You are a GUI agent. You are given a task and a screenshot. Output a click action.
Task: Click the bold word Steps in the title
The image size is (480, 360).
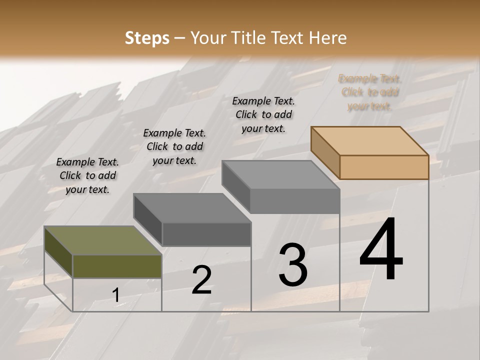coord(146,38)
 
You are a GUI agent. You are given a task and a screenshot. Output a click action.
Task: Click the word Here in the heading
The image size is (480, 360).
coord(327,38)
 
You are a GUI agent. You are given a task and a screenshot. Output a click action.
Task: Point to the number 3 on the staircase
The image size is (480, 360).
coord(293,264)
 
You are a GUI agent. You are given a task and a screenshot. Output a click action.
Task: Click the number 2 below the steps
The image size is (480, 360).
coord(201,280)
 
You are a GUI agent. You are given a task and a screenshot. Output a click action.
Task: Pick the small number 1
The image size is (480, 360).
coord(116,295)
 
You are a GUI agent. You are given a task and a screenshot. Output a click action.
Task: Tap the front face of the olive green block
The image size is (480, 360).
coord(117,266)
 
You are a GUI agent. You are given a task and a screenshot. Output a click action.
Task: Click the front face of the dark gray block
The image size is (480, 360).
coord(206,234)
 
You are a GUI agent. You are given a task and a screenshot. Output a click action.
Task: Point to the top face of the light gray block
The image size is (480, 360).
coord(280,174)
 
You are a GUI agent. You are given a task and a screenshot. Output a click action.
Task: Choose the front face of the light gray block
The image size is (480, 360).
coord(295,201)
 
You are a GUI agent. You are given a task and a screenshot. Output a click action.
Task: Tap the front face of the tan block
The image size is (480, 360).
coord(384,167)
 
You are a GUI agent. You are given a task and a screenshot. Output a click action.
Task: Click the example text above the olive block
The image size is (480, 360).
coord(87,175)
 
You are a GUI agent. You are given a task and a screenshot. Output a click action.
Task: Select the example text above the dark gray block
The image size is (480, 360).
coord(174,146)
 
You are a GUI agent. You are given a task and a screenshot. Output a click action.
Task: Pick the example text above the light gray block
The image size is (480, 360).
coord(263,114)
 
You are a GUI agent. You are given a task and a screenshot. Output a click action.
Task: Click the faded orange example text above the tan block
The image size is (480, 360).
coord(370,92)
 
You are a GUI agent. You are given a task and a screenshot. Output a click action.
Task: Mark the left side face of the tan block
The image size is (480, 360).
coord(325,152)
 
